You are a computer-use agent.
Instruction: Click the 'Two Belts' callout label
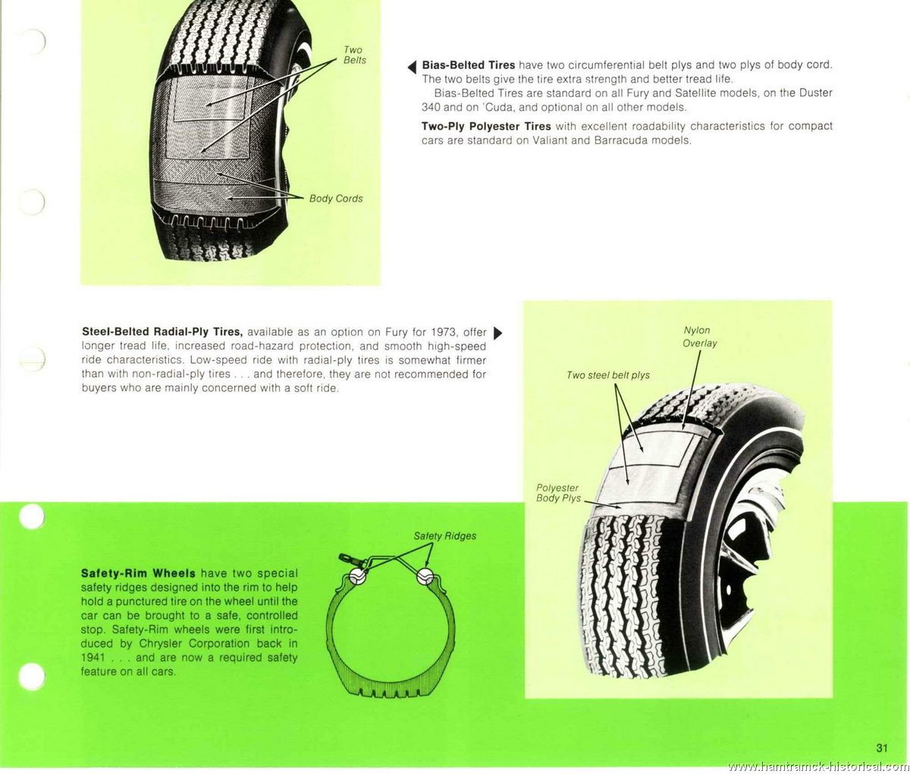(x=354, y=55)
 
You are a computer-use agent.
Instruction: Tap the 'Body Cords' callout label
(x=336, y=199)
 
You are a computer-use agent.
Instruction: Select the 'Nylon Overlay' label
(x=699, y=337)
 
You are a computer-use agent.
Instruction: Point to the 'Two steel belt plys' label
(x=608, y=375)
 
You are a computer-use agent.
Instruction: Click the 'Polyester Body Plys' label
(x=558, y=493)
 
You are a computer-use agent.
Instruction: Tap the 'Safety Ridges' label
(x=444, y=536)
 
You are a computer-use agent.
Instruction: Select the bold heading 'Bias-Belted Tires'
(x=469, y=65)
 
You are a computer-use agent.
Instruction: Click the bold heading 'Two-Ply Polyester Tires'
(x=486, y=127)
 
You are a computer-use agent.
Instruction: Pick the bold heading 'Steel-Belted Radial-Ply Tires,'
(x=162, y=332)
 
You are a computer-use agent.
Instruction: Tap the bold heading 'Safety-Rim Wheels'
(x=138, y=573)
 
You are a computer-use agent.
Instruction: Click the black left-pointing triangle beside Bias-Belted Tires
(x=412, y=67)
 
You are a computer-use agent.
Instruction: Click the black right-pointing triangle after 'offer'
(x=497, y=333)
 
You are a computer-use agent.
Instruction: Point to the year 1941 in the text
(x=93, y=657)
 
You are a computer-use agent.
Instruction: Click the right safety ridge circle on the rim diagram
(x=425, y=576)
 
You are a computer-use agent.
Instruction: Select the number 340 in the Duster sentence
(x=431, y=108)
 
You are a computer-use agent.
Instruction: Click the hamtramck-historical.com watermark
(x=819, y=767)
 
